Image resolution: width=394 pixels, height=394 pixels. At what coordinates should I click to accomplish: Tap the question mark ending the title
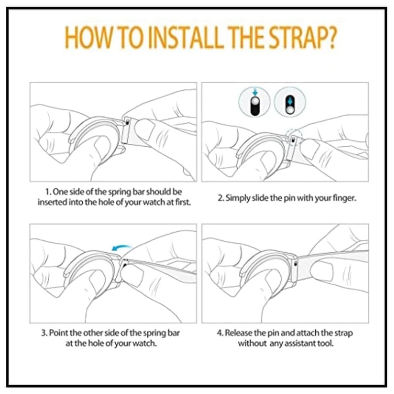[x=331, y=38]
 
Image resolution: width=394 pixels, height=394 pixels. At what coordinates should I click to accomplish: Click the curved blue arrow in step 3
[x=121, y=248]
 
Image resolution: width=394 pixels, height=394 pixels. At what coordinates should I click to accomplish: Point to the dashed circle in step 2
[x=295, y=136]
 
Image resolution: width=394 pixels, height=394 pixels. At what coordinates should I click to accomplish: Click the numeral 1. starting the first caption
[x=48, y=192]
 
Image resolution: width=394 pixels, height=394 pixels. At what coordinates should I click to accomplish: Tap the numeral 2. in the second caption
[x=221, y=198]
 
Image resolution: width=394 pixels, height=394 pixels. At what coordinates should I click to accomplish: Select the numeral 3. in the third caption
[x=44, y=333]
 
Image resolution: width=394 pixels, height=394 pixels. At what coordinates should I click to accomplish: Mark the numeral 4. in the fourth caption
[x=220, y=333]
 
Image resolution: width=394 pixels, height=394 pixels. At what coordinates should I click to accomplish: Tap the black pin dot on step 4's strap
[x=295, y=264]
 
